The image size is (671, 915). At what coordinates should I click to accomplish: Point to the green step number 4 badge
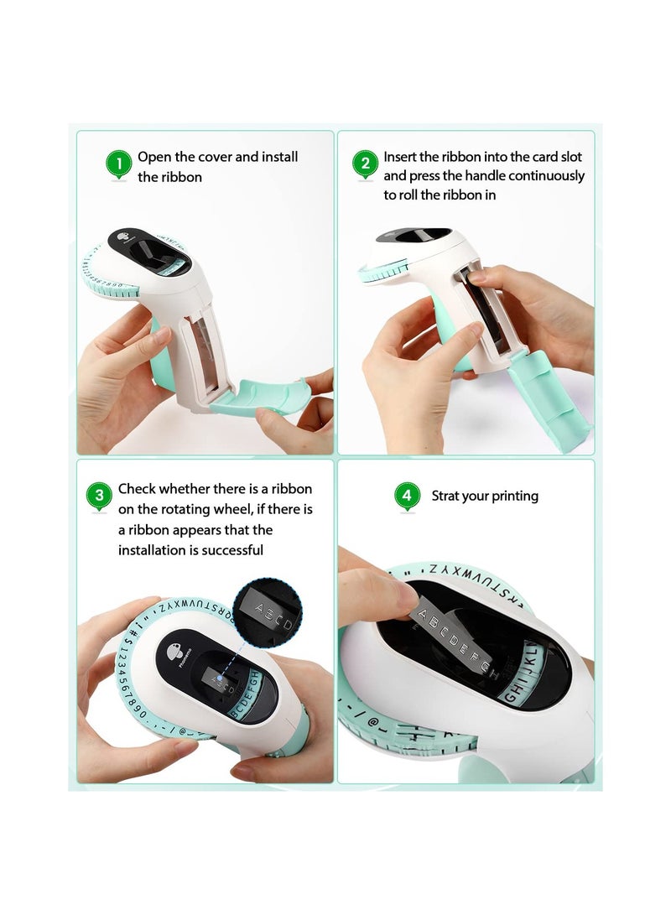(x=407, y=496)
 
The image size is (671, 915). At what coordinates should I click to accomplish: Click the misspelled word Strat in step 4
(x=445, y=496)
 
